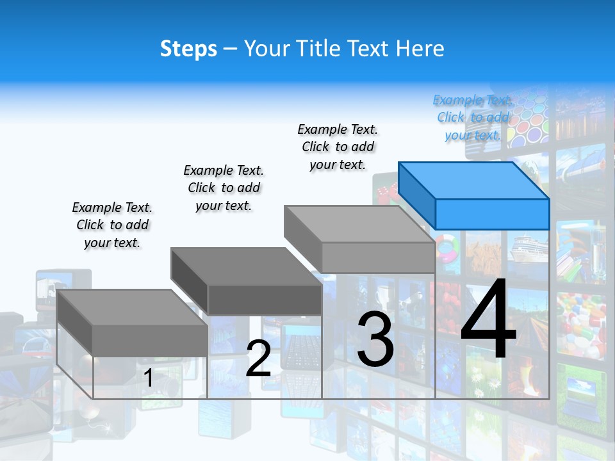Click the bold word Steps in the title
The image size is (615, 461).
pyautogui.click(x=188, y=49)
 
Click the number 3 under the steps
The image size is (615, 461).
pyautogui.click(x=375, y=339)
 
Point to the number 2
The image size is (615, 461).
pyautogui.click(x=258, y=359)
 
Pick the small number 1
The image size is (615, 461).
pyautogui.click(x=148, y=378)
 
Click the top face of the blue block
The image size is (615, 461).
pyautogui.click(x=473, y=180)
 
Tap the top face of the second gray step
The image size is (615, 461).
pyautogui.click(x=245, y=266)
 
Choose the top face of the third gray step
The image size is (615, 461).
pyautogui.click(x=359, y=224)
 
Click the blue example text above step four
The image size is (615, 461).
pyautogui.click(x=473, y=117)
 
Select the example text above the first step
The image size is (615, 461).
pyautogui.click(x=112, y=225)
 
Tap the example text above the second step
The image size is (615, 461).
pyautogui.click(x=224, y=188)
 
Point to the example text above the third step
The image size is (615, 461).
pyautogui.click(x=338, y=147)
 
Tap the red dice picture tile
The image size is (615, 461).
pyautogui.click(x=385, y=190)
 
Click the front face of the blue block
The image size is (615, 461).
pyautogui.click(x=492, y=214)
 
